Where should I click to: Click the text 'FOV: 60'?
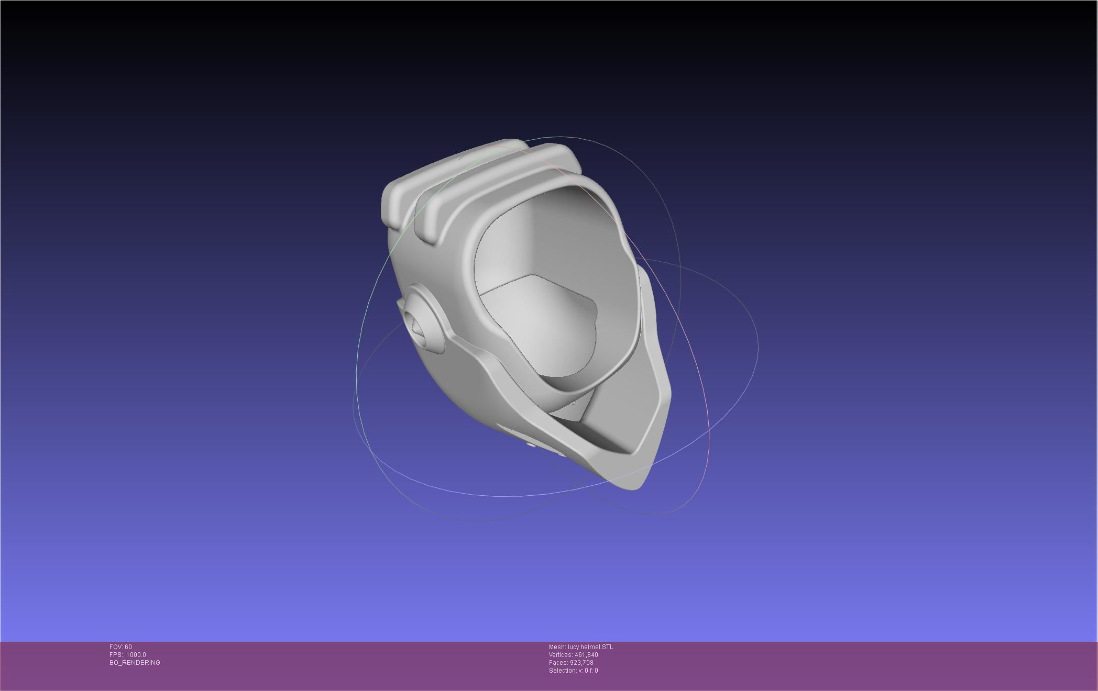pyautogui.click(x=120, y=647)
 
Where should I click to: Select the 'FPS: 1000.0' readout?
pyautogui.click(x=127, y=655)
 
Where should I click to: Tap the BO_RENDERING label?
pyautogui.click(x=135, y=663)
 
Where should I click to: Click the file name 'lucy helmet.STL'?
pyautogui.click(x=590, y=647)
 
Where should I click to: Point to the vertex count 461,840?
pyautogui.click(x=586, y=655)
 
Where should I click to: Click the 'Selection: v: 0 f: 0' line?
pyautogui.click(x=573, y=671)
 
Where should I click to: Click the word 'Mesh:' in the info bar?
pyautogui.click(x=557, y=647)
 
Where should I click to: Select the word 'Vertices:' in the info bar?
pyautogui.click(x=561, y=655)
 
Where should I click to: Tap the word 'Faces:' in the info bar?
pyautogui.click(x=558, y=663)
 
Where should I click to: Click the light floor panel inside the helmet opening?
pyautogui.click(x=540, y=325)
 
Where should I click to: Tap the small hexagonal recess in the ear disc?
pyautogui.click(x=417, y=328)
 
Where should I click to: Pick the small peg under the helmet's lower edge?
pyautogui.click(x=530, y=445)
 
